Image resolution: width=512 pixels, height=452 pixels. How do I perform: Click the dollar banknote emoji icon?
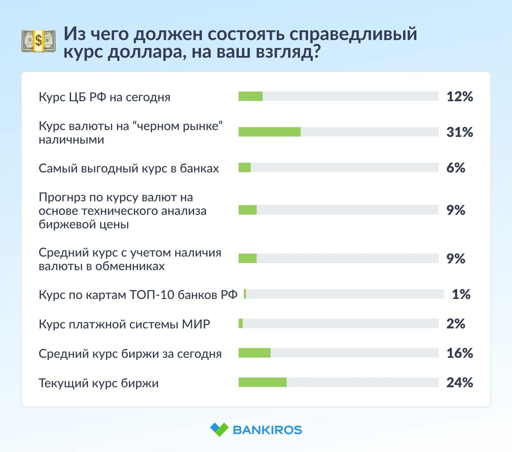point(39,41)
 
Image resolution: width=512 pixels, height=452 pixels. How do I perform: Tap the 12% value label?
point(460,97)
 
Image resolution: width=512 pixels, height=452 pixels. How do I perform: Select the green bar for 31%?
point(270,132)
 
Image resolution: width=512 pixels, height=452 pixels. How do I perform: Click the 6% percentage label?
point(456,168)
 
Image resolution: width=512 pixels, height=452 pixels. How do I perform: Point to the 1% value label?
point(461,294)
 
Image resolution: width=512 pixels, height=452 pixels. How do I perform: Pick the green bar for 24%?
point(262,382)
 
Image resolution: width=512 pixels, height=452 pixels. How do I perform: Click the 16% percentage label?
point(460,353)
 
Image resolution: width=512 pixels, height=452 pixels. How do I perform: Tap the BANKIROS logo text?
point(267,430)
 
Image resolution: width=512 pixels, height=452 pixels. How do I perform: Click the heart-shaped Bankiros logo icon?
point(219,430)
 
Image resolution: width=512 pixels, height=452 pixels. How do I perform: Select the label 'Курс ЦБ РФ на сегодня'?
point(104,97)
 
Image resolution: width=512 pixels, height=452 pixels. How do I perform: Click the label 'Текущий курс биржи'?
point(99,383)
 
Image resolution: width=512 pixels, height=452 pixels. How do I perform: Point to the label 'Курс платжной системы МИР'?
point(124,324)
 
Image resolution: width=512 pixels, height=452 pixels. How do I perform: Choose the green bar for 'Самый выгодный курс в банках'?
point(245,167)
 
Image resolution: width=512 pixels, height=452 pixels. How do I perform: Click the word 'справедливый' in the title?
point(353,34)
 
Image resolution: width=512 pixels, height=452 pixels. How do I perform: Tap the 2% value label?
point(456,324)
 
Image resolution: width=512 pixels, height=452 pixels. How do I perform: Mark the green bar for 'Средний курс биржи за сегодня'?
point(255,353)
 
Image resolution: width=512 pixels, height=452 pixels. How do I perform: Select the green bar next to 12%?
point(250,96)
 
